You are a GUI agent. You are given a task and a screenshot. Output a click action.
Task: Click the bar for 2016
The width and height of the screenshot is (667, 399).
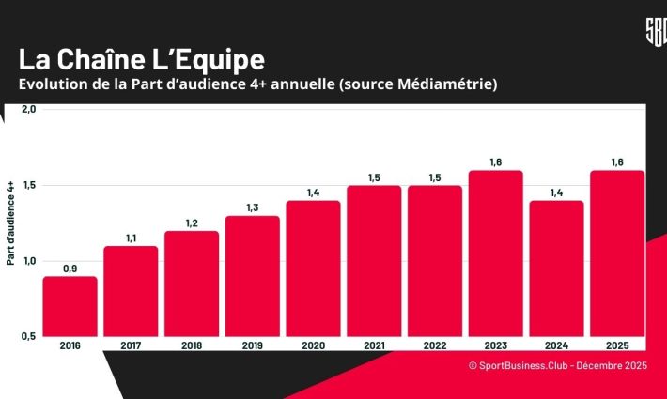pyautogui.click(x=70, y=305)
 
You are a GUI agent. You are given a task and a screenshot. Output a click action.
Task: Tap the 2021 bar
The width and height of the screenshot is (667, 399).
pyautogui.click(x=374, y=260)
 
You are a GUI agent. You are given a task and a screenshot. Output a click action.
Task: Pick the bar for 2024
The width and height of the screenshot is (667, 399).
pyautogui.click(x=556, y=268)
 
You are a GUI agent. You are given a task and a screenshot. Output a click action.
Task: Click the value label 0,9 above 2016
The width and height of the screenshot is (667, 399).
pyautogui.click(x=70, y=269)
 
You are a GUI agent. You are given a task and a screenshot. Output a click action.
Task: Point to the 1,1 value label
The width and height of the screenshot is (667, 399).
pyautogui.click(x=131, y=238)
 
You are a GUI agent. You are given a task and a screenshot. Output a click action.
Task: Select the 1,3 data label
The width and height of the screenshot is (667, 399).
pyautogui.click(x=252, y=208)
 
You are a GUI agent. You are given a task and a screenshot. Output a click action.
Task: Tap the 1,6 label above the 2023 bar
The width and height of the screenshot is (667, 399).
pyautogui.click(x=495, y=162)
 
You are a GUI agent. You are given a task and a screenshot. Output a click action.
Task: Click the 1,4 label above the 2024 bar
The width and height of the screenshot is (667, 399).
pyautogui.click(x=556, y=192)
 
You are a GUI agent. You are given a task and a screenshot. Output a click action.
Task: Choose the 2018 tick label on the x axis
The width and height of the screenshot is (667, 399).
pyautogui.click(x=191, y=345)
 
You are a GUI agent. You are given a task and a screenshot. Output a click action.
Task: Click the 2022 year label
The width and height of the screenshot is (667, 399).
pyautogui.click(x=434, y=345)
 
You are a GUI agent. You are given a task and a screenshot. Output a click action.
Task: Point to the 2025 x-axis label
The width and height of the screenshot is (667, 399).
pyautogui.click(x=616, y=345)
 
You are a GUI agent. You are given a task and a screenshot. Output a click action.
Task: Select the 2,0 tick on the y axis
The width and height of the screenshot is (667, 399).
pyautogui.click(x=27, y=110)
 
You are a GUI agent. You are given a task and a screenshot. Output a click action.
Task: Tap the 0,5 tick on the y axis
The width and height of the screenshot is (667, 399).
pyautogui.click(x=27, y=336)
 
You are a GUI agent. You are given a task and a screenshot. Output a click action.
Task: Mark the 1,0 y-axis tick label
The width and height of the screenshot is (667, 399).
pyautogui.click(x=27, y=261)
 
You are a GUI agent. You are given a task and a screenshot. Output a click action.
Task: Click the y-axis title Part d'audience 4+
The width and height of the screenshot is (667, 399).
pyautogui.click(x=10, y=223)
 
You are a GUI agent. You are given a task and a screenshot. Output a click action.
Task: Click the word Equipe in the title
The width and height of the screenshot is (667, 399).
pyautogui.click(x=217, y=60)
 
